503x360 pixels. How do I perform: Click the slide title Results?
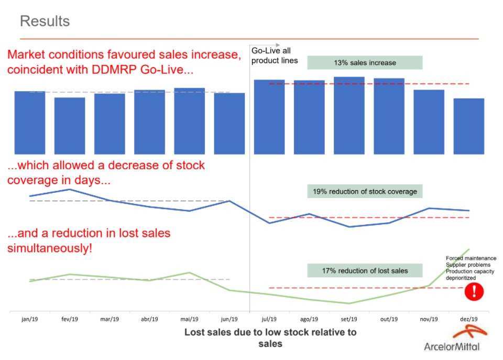coord(45,21)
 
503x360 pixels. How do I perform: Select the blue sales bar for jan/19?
coord(30,123)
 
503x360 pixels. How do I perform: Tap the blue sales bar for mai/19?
coord(189,121)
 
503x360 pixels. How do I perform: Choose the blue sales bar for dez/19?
coord(468,126)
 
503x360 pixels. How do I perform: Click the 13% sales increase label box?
coord(365,63)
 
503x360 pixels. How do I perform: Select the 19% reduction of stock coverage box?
coord(365,191)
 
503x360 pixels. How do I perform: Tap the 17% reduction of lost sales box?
coord(365,271)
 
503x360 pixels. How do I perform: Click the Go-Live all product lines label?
coord(274,56)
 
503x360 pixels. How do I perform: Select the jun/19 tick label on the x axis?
coord(229,319)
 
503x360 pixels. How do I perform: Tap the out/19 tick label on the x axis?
coord(389,319)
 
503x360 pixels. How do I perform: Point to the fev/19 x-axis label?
coord(70,319)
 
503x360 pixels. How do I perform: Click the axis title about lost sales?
coord(270,338)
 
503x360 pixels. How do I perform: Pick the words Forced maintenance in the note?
coord(471,258)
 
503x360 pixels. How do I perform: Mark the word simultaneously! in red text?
coord(50,248)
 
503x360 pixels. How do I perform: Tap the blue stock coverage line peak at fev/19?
coord(70,189)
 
